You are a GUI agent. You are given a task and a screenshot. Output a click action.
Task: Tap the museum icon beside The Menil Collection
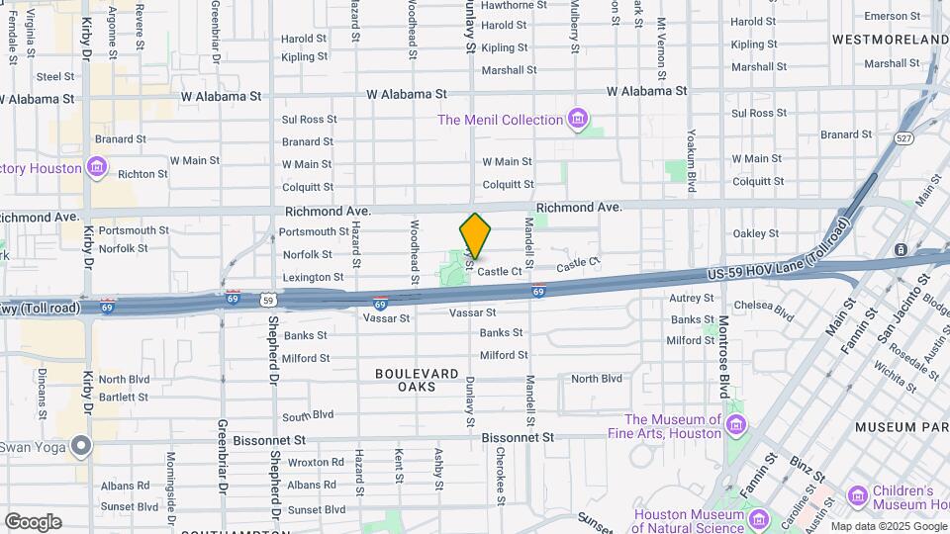pyautogui.click(x=579, y=120)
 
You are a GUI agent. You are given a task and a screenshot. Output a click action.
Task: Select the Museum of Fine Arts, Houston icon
pyautogui.click(x=735, y=424)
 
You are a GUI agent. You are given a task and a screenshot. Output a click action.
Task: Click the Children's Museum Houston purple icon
pyautogui.click(x=857, y=493)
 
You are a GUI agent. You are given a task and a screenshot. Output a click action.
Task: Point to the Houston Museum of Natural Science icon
pyautogui.click(x=758, y=520)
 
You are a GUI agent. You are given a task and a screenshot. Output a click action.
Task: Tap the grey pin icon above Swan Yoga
pyautogui.click(x=80, y=447)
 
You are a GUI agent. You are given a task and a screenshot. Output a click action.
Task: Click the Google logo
pyautogui.click(x=33, y=522)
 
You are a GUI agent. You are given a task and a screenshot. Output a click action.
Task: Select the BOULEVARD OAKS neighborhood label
pyautogui.click(x=417, y=380)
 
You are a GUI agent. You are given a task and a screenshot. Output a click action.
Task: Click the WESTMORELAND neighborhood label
pyautogui.click(x=890, y=40)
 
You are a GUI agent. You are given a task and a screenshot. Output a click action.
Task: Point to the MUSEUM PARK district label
pyautogui.click(x=897, y=427)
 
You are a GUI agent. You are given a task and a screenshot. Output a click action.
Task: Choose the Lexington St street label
pyautogui.click(x=313, y=278)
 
